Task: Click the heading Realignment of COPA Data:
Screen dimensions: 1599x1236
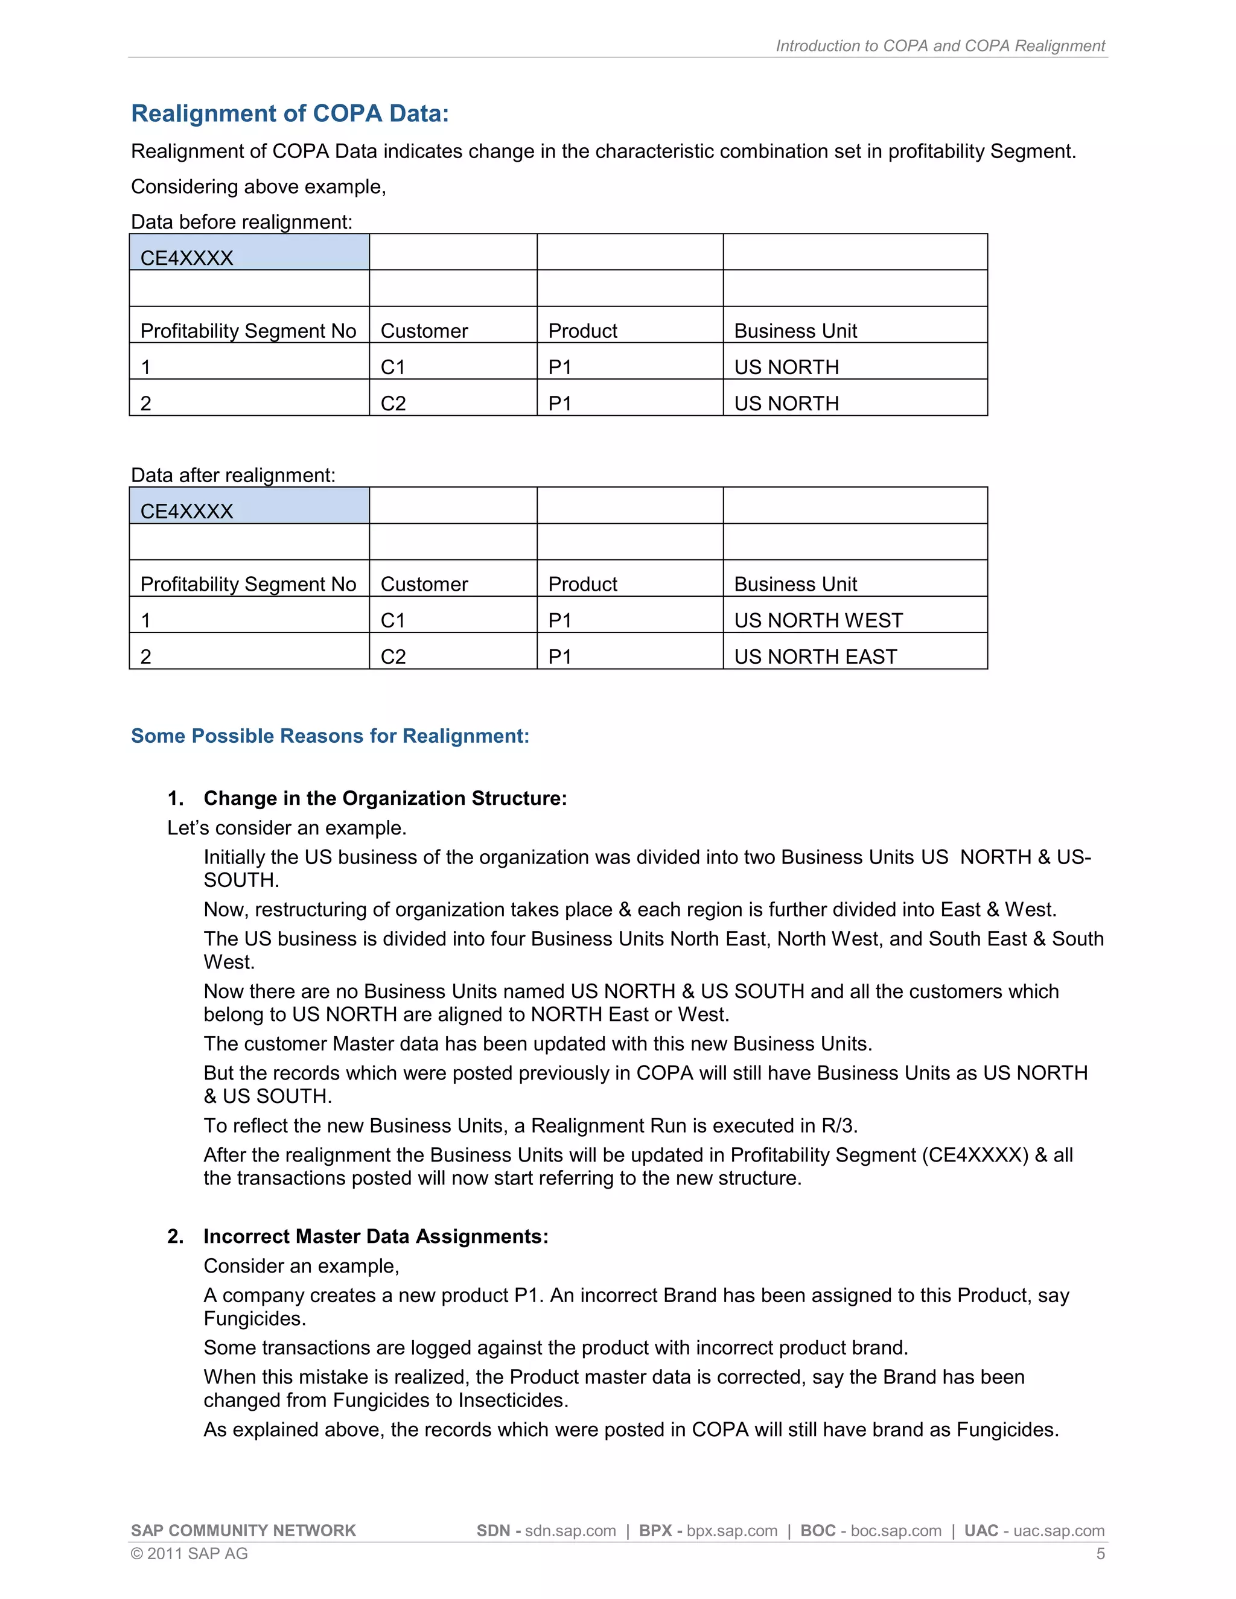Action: pos(289,113)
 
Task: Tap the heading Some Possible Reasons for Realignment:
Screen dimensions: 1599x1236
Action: pos(330,736)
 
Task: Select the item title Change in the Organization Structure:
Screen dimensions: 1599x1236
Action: pos(385,798)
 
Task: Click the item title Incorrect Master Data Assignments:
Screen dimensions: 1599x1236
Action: pos(375,1236)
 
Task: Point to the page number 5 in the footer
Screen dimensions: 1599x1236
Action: pos(1100,1554)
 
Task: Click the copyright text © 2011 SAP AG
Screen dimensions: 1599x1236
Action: pos(189,1554)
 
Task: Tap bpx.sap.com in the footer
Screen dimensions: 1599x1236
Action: pos(731,1530)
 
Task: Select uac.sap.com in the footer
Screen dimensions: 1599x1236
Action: pos(1058,1530)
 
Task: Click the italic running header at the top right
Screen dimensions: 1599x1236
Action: pos(940,45)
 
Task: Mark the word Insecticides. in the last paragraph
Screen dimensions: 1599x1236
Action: pos(512,1400)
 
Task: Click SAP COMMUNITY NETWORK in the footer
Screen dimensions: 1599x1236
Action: pos(243,1530)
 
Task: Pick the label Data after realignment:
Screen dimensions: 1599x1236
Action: pos(233,475)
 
